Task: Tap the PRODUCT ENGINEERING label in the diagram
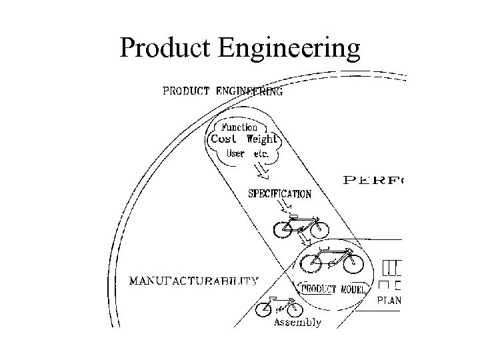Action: (x=223, y=92)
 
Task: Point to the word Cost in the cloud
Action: (x=224, y=139)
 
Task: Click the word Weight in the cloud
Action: (x=261, y=139)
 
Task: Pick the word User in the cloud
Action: (x=235, y=153)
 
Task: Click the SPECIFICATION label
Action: (x=279, y=194)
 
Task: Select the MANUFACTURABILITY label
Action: (x=193, y=281)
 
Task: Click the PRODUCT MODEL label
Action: (x=333, y=289)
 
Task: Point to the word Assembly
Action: (x=297, y=323)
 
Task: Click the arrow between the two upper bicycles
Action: (x=304, y=237)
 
